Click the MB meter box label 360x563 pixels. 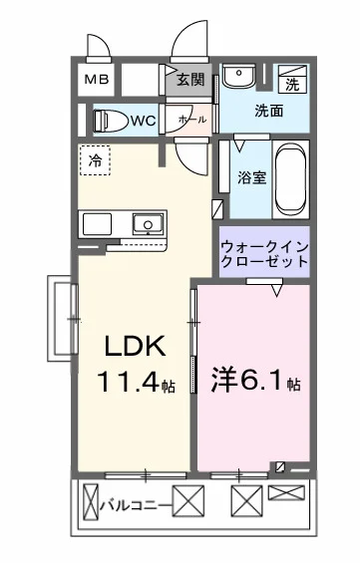pyautogui.click(x=97, y=80)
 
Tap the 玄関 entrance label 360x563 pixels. pyautogui.click(x=189, y=80)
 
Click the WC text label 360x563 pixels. pyautogui.click(x=143, y=121)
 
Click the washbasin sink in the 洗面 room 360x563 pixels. pyautogui.click(x=238, y=78)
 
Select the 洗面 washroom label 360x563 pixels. pyautogui.click(x=269, y=110)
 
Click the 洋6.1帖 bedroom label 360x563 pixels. pyautogui.click(x=253, y=382)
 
